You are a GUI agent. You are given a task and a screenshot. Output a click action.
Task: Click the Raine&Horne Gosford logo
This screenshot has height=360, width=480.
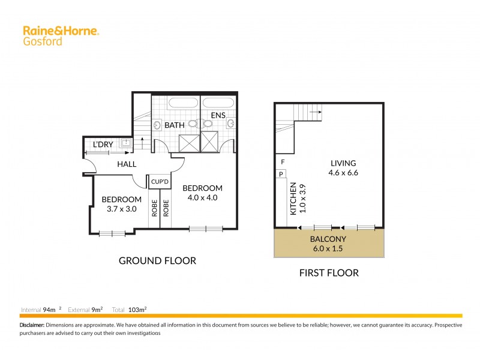click(60, 35)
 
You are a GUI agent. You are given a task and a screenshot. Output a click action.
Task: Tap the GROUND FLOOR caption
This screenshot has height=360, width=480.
click(157, 260)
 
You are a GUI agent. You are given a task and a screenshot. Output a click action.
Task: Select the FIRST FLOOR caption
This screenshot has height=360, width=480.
click(329, 273)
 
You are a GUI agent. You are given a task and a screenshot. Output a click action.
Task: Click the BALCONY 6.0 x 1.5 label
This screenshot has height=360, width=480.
click(329, 243)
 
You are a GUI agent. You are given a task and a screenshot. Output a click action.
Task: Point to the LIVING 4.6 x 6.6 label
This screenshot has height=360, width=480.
click(343, 168)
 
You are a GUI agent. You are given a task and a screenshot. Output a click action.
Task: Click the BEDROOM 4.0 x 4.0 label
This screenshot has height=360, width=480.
click(202, 193)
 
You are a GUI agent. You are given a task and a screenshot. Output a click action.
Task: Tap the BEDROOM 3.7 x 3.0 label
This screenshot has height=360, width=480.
click(121, 205)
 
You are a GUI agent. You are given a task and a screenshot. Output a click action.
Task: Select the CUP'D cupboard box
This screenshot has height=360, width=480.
click(159, 181)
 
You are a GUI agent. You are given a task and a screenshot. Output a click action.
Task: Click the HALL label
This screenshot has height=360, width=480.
click(127, 164)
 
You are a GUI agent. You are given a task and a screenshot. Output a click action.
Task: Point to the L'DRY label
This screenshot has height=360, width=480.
click(103, 144)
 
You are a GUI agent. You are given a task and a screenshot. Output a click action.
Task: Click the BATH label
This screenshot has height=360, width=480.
click(175, 125)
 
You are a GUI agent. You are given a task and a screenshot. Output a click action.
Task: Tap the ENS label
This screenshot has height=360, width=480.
click(217, 115)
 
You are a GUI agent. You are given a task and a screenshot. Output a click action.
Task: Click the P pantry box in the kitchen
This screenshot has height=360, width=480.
click(281, 174)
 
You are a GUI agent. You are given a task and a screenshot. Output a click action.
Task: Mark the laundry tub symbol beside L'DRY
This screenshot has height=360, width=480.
click(126, 143)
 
